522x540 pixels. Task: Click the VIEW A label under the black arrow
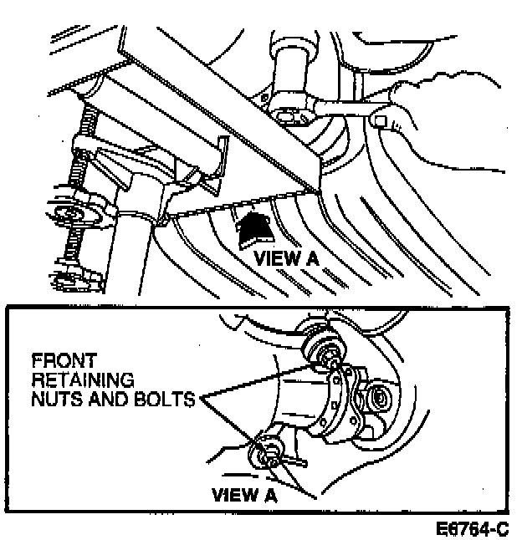pos(287,257)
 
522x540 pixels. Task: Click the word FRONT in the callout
pos(57,363)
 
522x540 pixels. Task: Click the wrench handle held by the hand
pos(351,107)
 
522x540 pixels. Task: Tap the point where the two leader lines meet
pos(199,400)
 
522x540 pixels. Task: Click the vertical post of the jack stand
pos(134,251)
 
